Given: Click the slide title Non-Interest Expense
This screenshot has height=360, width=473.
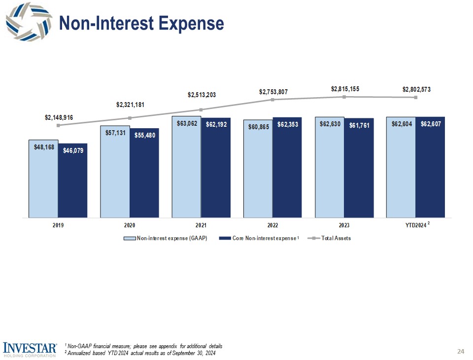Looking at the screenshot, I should (141, 23).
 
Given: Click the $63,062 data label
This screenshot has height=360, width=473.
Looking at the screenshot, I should (187, 124).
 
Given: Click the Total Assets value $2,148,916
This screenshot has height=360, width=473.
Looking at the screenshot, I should (59, 117).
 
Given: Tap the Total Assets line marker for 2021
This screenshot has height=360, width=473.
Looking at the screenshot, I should (201, 109).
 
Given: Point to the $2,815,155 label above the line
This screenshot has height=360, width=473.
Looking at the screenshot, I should (344, 89).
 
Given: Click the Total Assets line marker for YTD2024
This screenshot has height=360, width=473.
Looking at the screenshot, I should (416, 98).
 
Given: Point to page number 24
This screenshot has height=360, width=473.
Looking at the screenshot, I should (461, 351).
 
